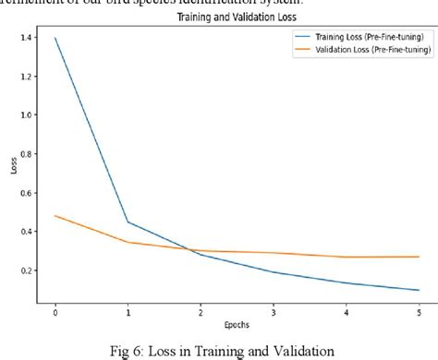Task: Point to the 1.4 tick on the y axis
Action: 32,39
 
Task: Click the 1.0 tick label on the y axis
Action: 32,114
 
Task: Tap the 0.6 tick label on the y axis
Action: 32,192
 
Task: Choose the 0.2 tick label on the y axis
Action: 32,269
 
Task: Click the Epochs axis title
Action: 237,323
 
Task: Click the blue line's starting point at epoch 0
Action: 55,39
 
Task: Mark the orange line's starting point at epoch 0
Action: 55,215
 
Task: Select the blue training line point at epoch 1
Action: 128,222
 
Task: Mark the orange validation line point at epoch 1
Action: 128,242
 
